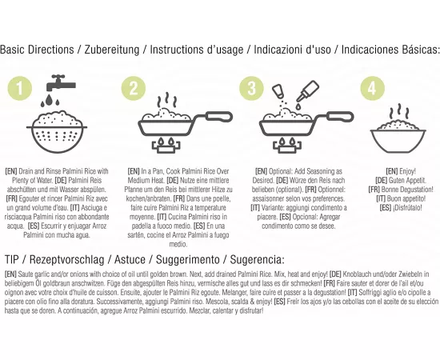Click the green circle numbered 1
coord(20,88)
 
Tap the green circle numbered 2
coord(134,88)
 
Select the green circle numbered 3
coord(251,88)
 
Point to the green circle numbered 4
coord(372,88)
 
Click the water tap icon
coord(61,83)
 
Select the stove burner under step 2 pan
coord(166,145)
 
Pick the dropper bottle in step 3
coord(308,91)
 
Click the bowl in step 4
coord(398,141)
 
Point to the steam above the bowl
coord(399,112)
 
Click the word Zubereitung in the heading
coord(112,50)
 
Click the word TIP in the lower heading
coord(11,259)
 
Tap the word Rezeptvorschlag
coord(66,260)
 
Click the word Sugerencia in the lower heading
coord(256,260)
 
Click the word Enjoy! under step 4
coord(408,171)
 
